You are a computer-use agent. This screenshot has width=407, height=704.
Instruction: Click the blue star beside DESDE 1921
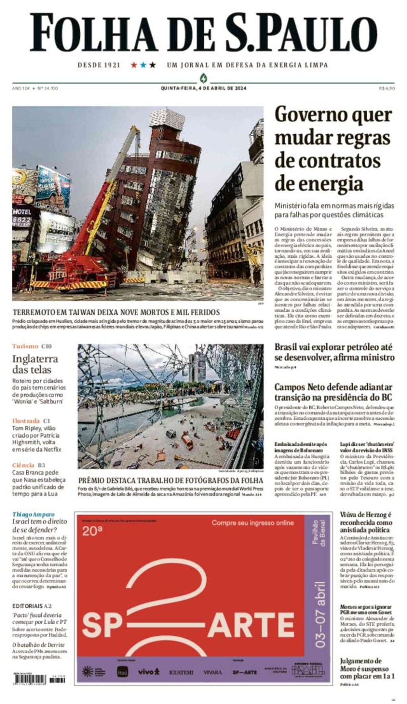tap(143, 65)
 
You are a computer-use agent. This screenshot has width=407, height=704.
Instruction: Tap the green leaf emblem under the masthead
tap(203, 78)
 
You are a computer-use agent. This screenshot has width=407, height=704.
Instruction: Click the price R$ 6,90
tap(387, 88)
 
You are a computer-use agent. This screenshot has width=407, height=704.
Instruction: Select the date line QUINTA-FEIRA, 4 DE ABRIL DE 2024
tap(203, 88)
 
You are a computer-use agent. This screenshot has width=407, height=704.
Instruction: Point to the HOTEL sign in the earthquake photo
tap(22, 212)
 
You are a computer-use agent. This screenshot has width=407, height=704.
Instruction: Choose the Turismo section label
tap(25, 346)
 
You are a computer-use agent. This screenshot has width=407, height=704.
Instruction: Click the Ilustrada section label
tap(26, 420)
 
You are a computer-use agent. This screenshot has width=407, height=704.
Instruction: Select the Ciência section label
tap(23, 465)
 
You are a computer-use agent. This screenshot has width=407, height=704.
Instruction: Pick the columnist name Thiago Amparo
tap(33, 514)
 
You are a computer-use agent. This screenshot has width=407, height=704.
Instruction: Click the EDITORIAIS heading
tap(27, 606)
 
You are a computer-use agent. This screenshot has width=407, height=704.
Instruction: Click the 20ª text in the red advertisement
tap(92, 531)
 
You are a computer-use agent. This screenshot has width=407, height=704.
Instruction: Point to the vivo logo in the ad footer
tap(149, 671)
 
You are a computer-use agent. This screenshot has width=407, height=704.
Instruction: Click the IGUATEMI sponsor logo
tap(181, 672)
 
